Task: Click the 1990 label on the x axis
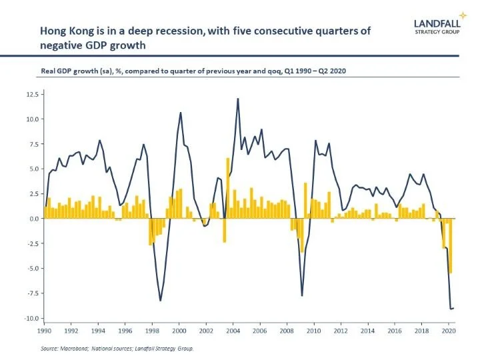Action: [x=45, y=331]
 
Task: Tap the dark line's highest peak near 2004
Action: [x=238, y=99]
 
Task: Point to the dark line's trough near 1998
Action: [x=161, y=300]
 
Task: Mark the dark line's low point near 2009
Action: [x=302, y=295]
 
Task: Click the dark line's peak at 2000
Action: [x=181, y=113]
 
